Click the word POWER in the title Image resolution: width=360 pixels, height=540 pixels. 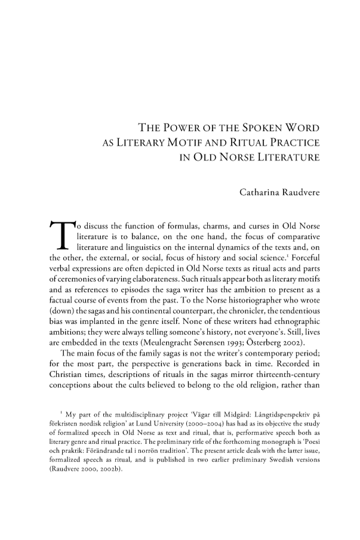[185, 127]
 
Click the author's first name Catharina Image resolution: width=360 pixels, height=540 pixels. [259, 193]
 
